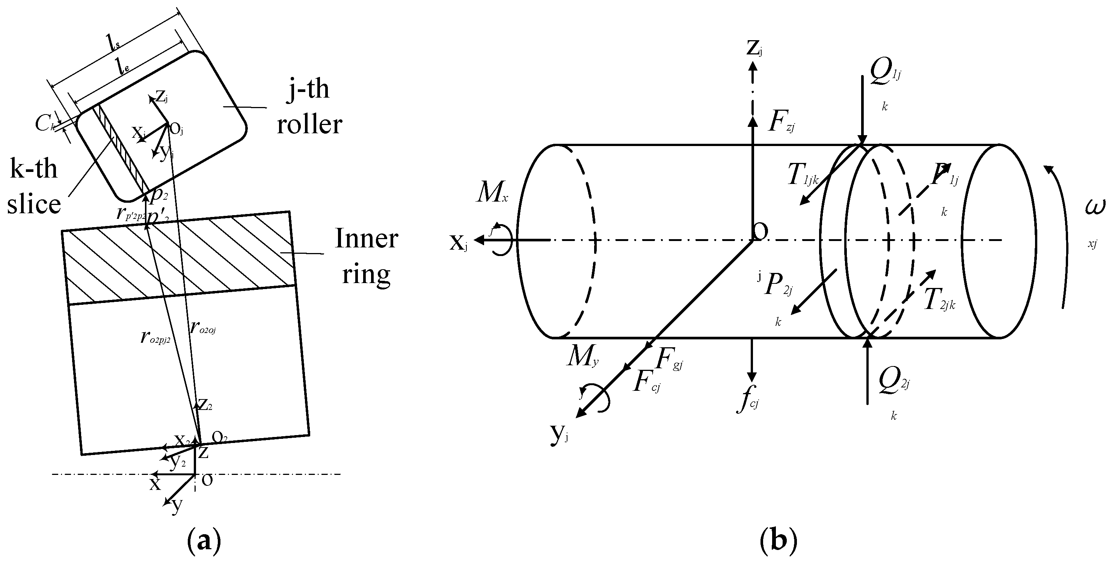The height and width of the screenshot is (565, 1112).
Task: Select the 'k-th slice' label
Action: [34, 185]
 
